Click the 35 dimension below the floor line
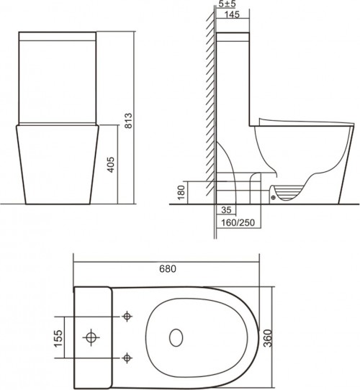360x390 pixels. click(x=228, y=211)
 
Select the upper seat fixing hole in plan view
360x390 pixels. click(x=127, y=315)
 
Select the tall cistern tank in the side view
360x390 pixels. click(x=233, y=79)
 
